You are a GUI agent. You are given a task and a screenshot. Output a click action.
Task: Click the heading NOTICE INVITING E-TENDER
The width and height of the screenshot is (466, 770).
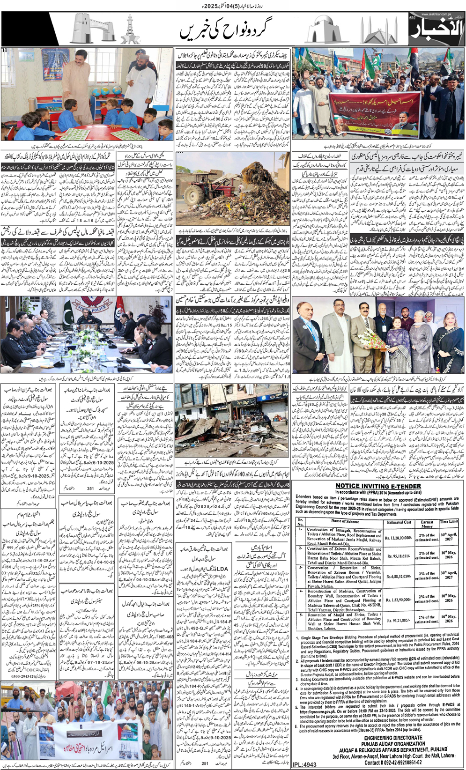point(378,486)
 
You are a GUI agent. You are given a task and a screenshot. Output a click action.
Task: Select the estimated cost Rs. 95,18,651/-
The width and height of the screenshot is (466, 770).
point(399,557)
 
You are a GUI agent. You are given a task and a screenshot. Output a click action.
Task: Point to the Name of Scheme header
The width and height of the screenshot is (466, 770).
point(345,521)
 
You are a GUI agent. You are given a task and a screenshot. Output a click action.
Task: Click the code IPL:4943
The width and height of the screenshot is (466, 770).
point(304,764)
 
